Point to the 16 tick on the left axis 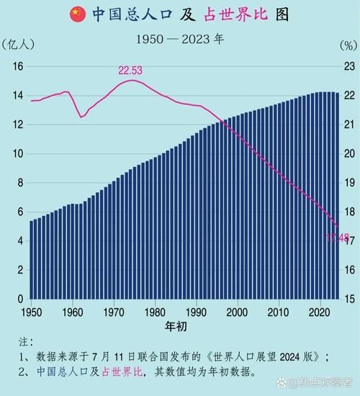18,66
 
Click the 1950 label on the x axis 30,312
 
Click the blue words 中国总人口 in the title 131,14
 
